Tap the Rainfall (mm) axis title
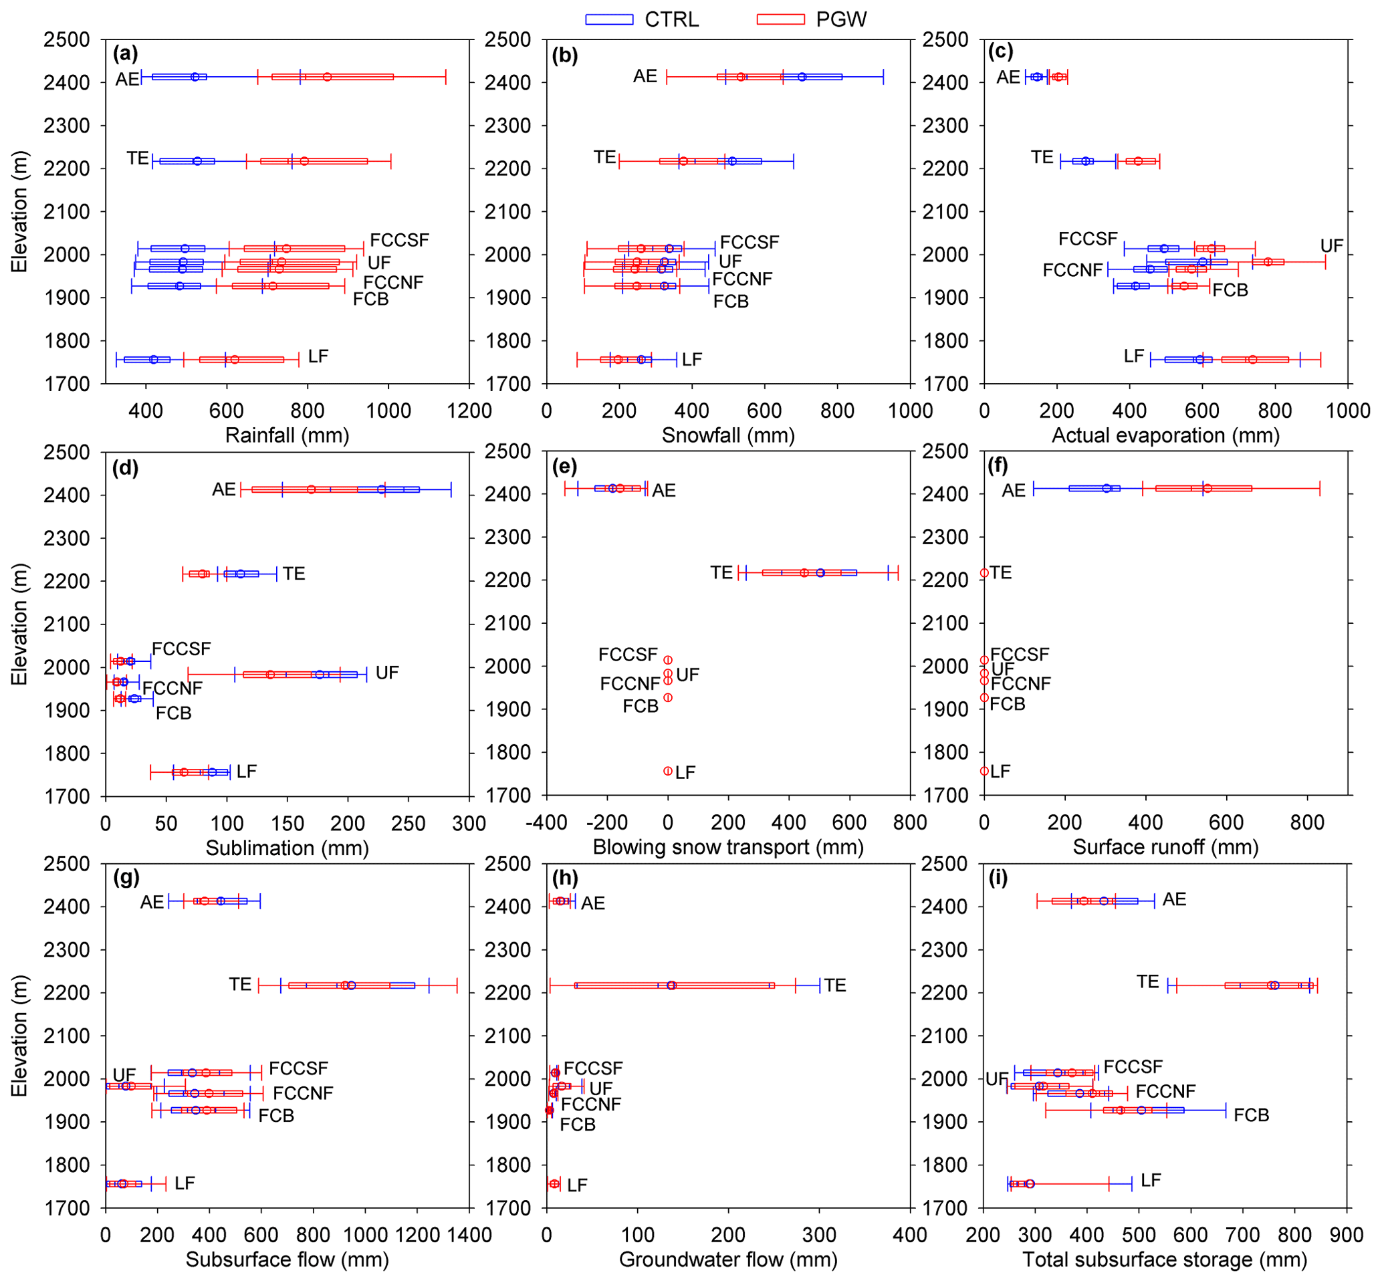pyautogui.click(x=287, y=435)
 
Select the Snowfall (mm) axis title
pyautogui.click(x=727, y=435)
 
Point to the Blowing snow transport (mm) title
pyautogui.click(x=727, y=847)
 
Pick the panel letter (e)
pyautogui.click(x=564, y=467)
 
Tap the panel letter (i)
pyautogui.click(x=998, y=879)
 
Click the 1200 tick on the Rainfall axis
pyautogui.click(x=469, y=411)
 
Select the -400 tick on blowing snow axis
pyautogui.click(x=546, y=823)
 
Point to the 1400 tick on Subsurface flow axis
pyautogui.click(x=469, y=1235)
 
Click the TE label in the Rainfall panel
pyautogui.click(x=138, y=158)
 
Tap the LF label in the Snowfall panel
pyautogui.click(x=691, y=360)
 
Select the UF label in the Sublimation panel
pyautogui.click(x=386, y=673)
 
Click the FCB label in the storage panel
pyautogui.click(x=1251, y=1115)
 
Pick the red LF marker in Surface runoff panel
pyautogui.click(x=984, y=772)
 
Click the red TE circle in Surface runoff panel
pyautogui.click(x=984, y=573)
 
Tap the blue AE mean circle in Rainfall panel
pyautogui.click(x=195, y=77)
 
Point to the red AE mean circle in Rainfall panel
pyautogui.click(x=327, y=77)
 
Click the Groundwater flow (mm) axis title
pyautogui.click(x=727, y=1260)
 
